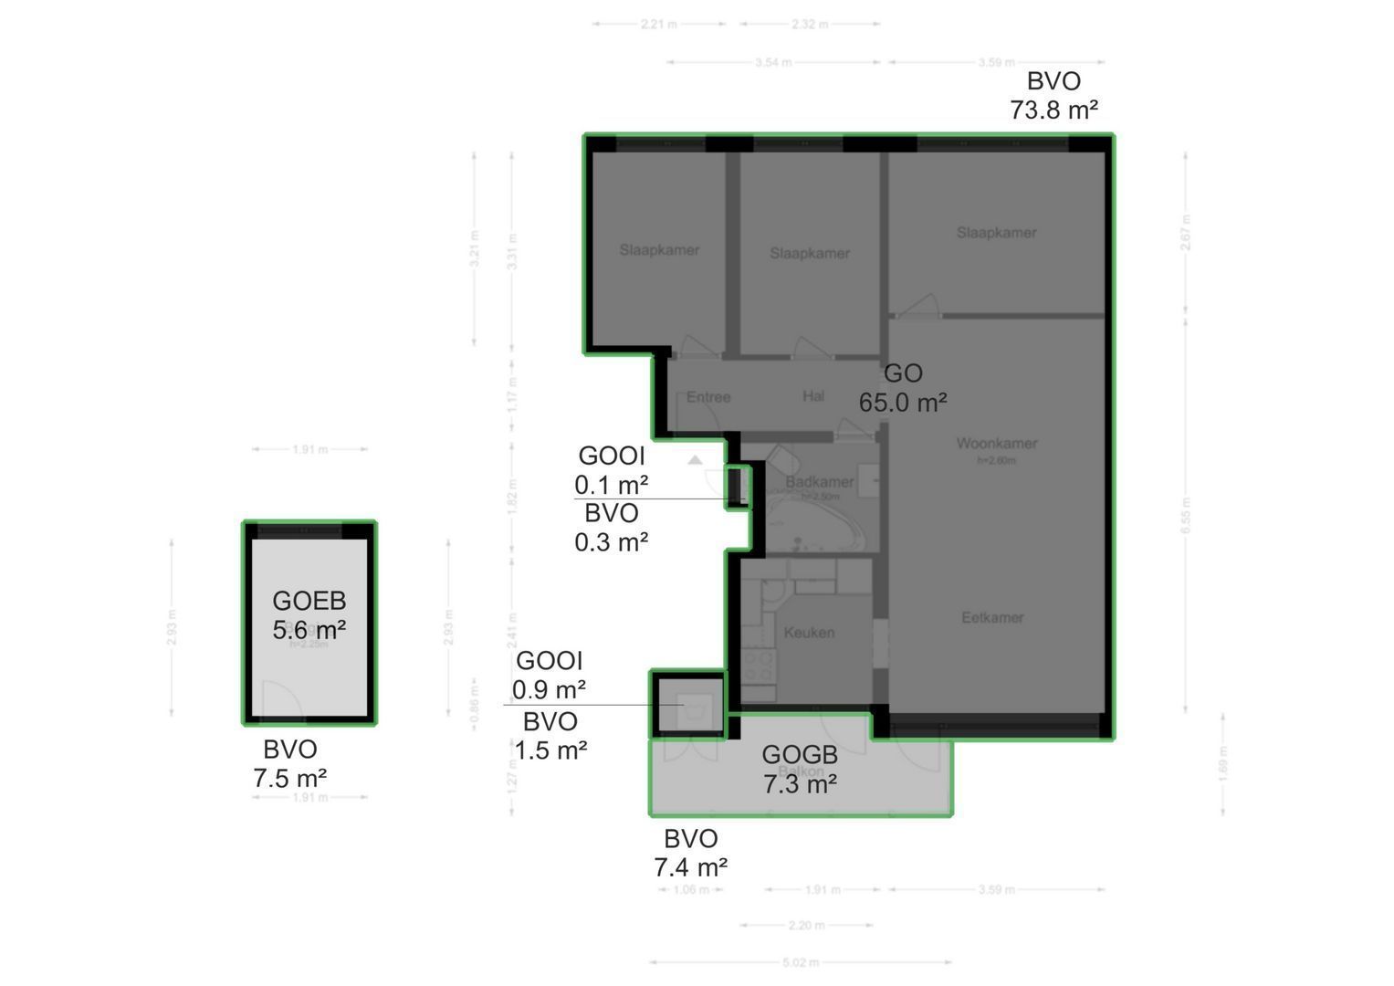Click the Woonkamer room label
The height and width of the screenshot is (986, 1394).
pos(996,444)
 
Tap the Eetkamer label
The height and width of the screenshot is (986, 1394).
pos(992,618)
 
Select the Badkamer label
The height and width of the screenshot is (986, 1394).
pos(819,482)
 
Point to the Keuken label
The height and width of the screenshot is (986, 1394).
pos(809,632)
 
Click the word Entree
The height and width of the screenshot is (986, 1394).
pos(708,397)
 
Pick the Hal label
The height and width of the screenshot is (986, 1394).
pos(813,396)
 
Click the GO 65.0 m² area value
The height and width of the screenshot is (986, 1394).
pos(902,403)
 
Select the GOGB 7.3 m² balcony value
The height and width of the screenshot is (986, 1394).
pos(800,783)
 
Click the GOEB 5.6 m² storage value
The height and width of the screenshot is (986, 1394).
pos(309,630)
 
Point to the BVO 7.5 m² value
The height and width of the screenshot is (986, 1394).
pos(290,779)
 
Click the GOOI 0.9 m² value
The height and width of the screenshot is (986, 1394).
pos(549,688)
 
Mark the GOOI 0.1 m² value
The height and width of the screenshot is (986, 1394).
pos(611,484)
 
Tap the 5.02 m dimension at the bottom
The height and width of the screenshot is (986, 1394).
pos(801,962)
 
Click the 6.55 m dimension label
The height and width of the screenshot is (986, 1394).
pos(1186,515)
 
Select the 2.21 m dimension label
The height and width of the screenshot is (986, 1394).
pos(658,25)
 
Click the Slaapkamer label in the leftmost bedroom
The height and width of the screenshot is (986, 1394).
pos(659,250)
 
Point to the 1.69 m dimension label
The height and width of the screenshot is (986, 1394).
pos(1223,764)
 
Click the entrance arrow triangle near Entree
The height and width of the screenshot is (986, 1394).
pos(696,460)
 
